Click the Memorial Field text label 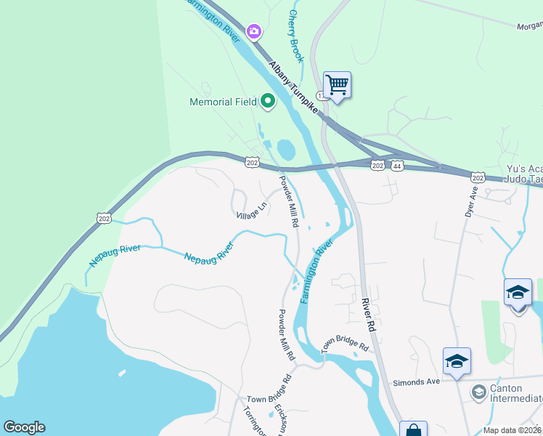[x=223, y=102]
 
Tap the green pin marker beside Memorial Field [x=268, y=102]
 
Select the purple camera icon [x=253, y=31]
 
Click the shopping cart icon [x=337, y=84]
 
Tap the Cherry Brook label [x=295, y=35]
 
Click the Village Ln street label [x=252, y=211]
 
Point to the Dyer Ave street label [x=471, y=203]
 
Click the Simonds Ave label [x=416, y=382]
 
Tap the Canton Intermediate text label [x=516, y=393]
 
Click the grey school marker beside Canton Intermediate [x=478, y=393]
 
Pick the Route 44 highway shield [x=399, y=166]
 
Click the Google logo [x=24, y=427]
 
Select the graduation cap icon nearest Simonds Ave [x=457, y=361]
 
